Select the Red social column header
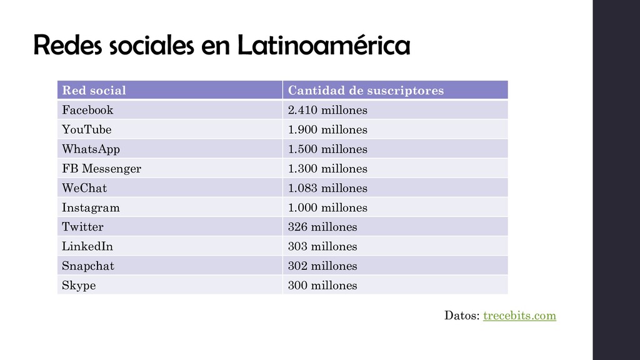(94, 91)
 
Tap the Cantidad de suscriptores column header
(366, 91)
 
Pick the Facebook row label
(87, 110)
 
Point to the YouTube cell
(87, 130)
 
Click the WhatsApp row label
(91, 149)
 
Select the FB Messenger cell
(101, 169)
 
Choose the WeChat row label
(84, 188)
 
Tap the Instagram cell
(91, 207)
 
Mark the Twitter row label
(82, 227)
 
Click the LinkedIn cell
(87, 246)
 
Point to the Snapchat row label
(88, 266)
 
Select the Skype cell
(79, 286)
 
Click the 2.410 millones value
(327, 110)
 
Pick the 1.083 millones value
(327, 188)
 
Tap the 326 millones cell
(322, 227)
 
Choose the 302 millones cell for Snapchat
(322, 266)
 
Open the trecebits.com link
(519, 316)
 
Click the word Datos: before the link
(462, 316)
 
